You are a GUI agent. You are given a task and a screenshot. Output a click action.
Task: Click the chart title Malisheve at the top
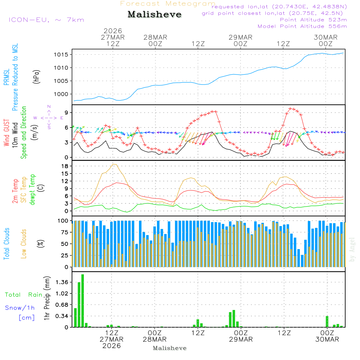(x=155, y=14)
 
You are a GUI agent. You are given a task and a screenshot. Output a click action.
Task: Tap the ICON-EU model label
(x=46, y=20)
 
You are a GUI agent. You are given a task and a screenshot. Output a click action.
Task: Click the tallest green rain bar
(x=82, y=301)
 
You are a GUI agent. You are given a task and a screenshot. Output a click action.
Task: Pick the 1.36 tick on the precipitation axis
(x=62, y=282)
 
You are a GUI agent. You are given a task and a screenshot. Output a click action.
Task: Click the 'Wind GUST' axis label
(x=6, y=133)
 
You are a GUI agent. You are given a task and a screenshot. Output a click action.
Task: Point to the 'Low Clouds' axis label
(x=24, y=244)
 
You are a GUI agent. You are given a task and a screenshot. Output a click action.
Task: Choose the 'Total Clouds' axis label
(x=6, y=244)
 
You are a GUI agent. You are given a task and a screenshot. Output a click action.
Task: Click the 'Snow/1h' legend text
(x=20, y=308)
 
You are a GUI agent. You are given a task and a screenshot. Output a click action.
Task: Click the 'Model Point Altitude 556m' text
(x=302, y=26)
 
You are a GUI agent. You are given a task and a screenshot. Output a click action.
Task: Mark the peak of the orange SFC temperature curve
(x=114, y=164)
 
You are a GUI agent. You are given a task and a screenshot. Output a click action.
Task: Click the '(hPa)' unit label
(x=36, y=76)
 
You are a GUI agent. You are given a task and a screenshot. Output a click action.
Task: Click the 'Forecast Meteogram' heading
(x=168, y=4)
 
